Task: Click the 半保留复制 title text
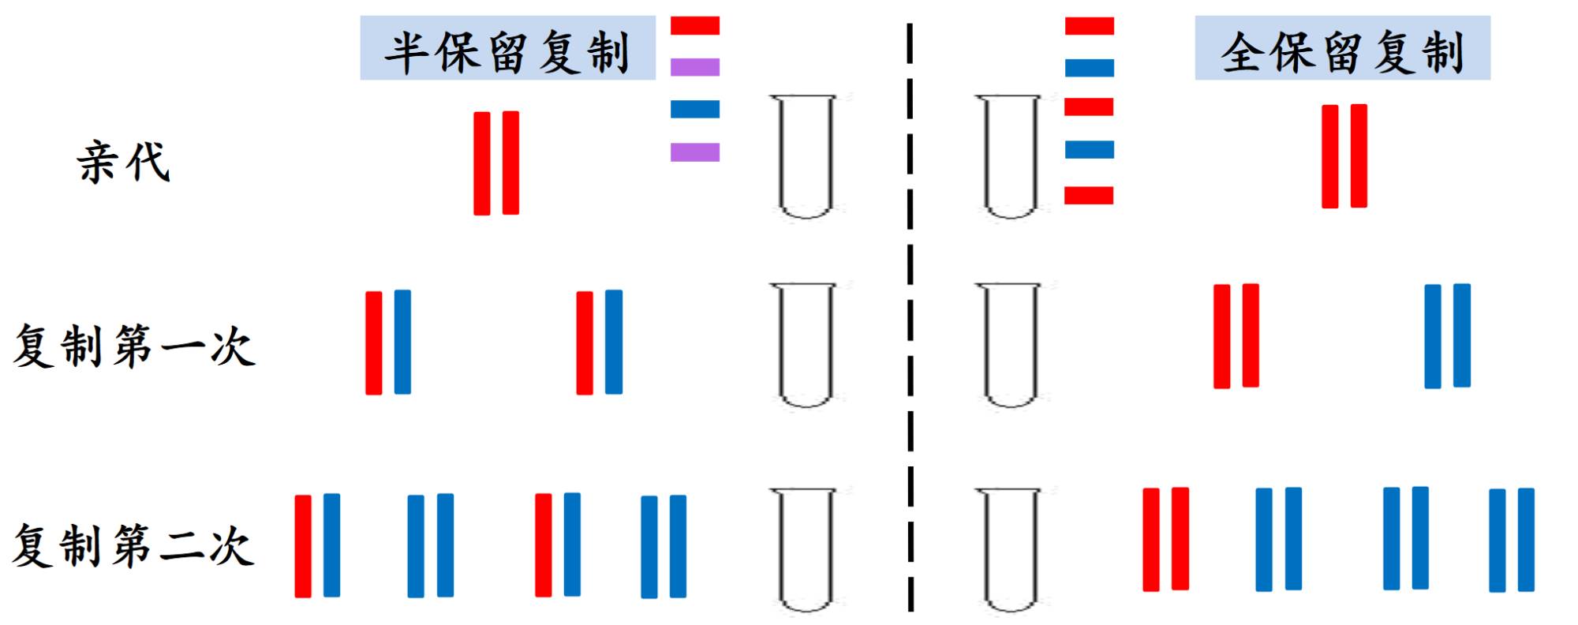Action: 507,52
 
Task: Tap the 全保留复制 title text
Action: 1342,52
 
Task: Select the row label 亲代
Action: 123,163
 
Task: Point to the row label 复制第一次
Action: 134,346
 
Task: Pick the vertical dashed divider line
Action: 911,316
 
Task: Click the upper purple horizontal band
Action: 695,67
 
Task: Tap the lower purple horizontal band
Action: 695,152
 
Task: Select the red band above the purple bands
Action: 695,26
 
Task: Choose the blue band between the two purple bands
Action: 695,109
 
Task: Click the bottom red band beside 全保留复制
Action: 1089,195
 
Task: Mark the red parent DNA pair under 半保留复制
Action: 496,163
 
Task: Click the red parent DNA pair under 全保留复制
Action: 1344,156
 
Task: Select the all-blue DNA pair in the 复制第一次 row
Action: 1447,336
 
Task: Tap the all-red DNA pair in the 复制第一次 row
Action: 1236,336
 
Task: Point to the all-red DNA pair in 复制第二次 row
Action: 1165,539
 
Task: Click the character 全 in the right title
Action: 1241,52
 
